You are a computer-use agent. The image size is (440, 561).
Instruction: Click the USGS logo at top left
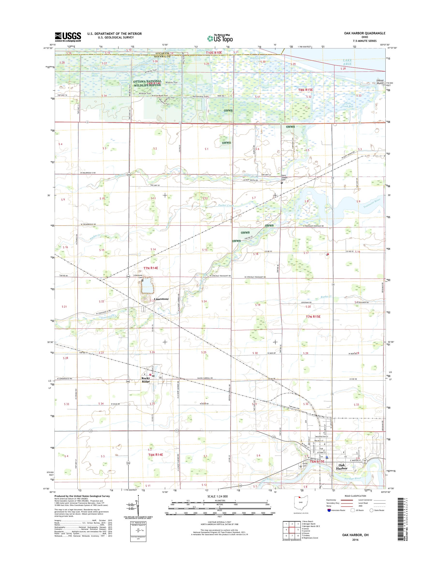tap(68, 37)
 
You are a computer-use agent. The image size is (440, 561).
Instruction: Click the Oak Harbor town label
tap(342, 467)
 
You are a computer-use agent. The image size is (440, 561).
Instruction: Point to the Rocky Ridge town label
tap(146, 380)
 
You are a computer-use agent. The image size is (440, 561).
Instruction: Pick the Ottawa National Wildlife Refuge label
tap(147, 83)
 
